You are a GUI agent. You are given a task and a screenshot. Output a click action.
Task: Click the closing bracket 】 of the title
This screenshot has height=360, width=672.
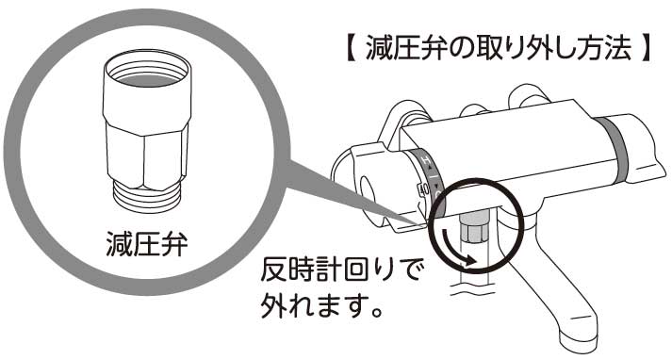(x=642, y=49)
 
